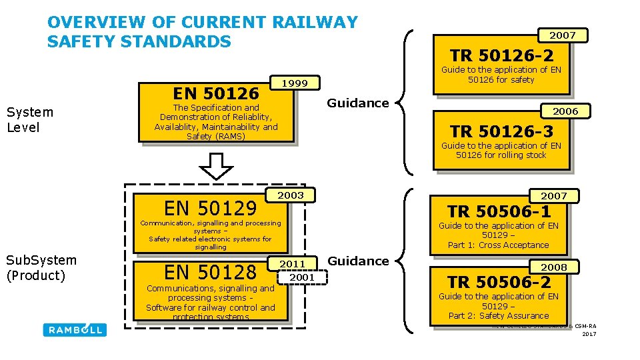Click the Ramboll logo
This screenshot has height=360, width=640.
pos(75,329)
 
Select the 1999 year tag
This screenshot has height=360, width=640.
pos(295,83)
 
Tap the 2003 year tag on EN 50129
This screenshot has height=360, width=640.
pos(291,195)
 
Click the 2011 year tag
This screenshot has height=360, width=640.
pos(292,265)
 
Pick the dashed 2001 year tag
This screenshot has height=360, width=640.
pos(303,277)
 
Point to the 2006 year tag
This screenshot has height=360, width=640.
pos(565,111)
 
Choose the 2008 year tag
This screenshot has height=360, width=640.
pos(553,267)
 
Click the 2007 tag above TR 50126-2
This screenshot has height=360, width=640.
pos(563,35)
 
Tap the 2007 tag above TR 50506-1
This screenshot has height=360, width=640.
pos(553,196)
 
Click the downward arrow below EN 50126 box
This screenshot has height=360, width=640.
pos(216,165)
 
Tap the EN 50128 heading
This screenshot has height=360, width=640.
pos(210,272)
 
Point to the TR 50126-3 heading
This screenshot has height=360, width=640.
pos(501,131)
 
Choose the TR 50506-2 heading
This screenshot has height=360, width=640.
pos(499,282)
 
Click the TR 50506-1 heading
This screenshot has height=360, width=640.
pos(499,212)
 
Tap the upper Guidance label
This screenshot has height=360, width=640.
pos(357,103)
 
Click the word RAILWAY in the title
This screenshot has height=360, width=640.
pos(316,23)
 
